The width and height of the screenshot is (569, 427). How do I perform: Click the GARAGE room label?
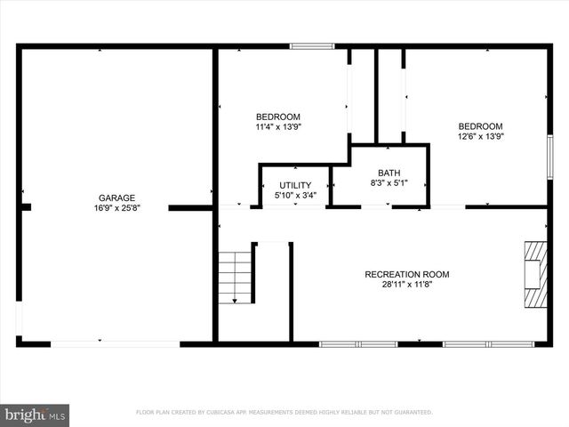(x=116, y=197)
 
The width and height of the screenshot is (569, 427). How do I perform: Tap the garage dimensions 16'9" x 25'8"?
(x=116, y=207)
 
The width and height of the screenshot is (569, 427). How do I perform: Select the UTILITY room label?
(x=295, y=185)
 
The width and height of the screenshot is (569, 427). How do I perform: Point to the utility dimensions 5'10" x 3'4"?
(x=295, y=195)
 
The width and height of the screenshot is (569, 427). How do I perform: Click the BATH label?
(x=389, y=173)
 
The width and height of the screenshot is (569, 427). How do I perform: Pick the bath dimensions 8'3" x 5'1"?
(x=389, y=182)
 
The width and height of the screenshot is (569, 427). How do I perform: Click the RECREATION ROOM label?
(x=406, y=274)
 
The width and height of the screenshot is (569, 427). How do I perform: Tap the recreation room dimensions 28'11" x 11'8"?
(x=406, y=284)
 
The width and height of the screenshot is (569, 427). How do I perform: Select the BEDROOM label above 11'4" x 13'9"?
(x=277, y=117)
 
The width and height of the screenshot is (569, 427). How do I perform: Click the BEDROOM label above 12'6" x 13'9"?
(x=480, y=126)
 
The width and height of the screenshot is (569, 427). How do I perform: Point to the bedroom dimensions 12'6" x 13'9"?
(x=480, y=136)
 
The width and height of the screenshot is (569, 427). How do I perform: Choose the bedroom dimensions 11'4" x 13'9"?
(x=277, y=126)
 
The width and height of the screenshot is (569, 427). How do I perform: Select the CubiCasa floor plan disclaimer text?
(x=284, y=413)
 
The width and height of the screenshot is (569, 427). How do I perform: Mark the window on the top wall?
(x=312, y=46)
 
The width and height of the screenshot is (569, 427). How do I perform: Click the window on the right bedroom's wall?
(x=549, y=157)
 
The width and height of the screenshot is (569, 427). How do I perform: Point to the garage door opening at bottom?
(x=116, y=343)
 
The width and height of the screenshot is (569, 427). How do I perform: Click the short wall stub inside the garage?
(x=189, y=207)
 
